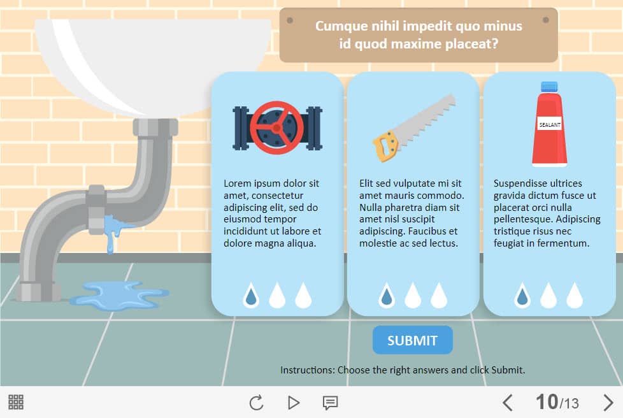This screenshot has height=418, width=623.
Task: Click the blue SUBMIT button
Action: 412,340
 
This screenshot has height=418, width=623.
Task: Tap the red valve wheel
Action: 277,127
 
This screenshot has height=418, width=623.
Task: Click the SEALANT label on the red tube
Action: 550,125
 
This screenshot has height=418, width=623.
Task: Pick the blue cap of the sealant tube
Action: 549,87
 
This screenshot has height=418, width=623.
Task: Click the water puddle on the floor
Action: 120,295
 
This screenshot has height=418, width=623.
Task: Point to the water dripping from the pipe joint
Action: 113,233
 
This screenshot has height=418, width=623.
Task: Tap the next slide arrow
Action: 608,403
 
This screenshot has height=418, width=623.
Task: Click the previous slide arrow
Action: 507,403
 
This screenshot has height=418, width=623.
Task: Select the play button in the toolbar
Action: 293,403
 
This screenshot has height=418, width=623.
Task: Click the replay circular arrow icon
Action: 256,403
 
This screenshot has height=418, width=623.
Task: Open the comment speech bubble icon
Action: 330,403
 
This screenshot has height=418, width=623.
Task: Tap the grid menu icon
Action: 16,402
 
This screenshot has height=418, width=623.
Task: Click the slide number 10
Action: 547,401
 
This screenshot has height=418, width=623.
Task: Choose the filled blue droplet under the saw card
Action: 387,296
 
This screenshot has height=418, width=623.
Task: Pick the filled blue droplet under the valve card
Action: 251,296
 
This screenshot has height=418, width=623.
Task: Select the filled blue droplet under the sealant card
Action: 522,296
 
